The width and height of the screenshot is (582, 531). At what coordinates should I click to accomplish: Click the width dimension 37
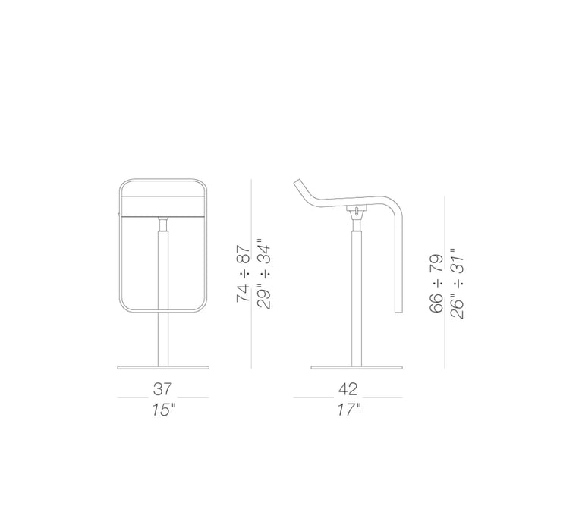tap(163, 390)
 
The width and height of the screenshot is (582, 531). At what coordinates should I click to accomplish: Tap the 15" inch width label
tap(163, 410)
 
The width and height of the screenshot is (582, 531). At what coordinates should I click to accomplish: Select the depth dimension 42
tap(348, 390)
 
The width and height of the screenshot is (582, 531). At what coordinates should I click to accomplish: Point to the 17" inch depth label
tap(348, 410)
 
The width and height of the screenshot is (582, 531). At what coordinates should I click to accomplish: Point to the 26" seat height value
tap(457, 305)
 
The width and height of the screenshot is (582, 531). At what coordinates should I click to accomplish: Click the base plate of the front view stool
tap(162, 368)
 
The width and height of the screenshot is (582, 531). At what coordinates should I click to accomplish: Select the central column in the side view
tap(355, 296)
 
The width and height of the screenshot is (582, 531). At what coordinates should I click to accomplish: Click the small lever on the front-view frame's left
tap(119, 215)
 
